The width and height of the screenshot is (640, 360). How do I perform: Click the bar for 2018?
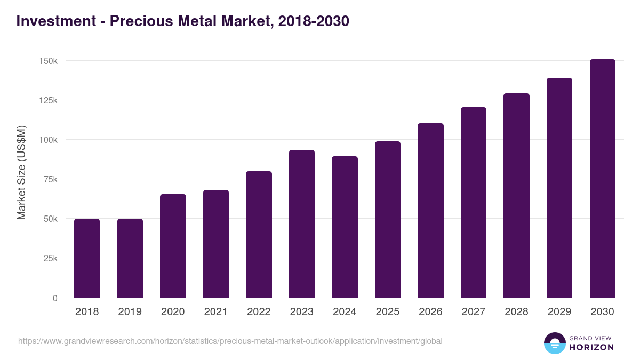click(x=87, y=258)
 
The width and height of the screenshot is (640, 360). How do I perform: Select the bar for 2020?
click(x=173, y=246)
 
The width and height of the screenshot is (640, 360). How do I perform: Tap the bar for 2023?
click(x=302, y=224)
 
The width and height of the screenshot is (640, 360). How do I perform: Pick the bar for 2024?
click(x=345, y=227)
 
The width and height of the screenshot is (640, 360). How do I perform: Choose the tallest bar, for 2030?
click(x=602, y=179)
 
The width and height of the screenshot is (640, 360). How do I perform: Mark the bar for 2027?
click(x=474, y=203)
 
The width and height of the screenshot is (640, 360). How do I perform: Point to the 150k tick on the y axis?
click(x=49, y=61)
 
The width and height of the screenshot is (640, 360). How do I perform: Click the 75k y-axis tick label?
click(x=50, y=179)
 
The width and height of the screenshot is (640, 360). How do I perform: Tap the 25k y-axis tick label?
click(x=50, y=258)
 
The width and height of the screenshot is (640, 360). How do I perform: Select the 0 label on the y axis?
click(x=55, y=298)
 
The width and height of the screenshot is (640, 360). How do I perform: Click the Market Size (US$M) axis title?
click(x=22, y=172)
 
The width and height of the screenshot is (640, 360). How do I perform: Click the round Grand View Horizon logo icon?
click(x=555, y=343)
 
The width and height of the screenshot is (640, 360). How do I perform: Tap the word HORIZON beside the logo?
click(x=591, y=347)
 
